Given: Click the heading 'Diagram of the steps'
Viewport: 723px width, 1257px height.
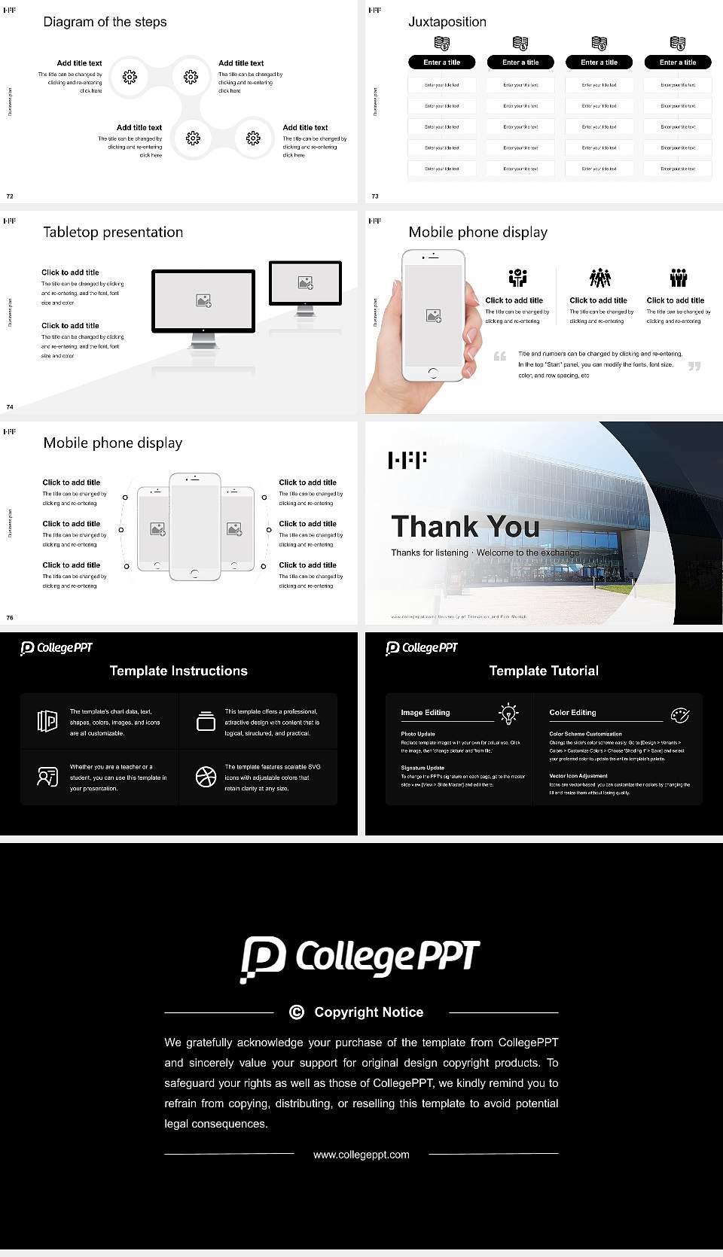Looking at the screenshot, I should pyautogui.click(x=105, y=22).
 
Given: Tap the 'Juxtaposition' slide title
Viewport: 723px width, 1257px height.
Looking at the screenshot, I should pyautogui.click(x=447, y=22).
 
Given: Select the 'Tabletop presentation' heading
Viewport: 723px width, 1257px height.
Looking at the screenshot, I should pyautogui.click(x=113, y=232).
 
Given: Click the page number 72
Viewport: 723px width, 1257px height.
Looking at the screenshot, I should pyautogui.click(x=10, y=196).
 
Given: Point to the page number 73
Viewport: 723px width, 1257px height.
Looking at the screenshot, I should pyautogui.click(x=375, y=196).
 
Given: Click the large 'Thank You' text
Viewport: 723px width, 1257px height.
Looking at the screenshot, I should pyautogui.click(x=465, y=527).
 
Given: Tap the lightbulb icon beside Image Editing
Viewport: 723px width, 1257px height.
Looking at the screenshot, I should pyautogui.click(x=508, y=713).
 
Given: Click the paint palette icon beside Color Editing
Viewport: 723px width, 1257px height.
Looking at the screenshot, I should pyautogui.click(x=679, y=714).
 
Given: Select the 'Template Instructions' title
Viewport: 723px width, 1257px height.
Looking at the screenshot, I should pyautogui.click(x=178, y=671).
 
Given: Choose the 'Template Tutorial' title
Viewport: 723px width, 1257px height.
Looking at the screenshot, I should pyautogui.click(x=544, y=671).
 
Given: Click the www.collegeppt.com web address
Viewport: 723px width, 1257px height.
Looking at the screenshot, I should pyautogui.click(x=361, y=1155).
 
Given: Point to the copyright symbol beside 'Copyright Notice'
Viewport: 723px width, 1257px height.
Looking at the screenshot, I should pyautogui.click(x=297, y=1012).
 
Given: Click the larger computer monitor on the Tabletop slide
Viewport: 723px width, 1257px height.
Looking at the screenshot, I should pyautogui.click(x=203, y=301).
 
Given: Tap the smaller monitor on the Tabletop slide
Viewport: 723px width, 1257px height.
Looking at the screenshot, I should pyautogui.click(x=305, y=283).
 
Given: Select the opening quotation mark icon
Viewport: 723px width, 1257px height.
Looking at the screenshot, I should pyautogui.click(x=500, y=356).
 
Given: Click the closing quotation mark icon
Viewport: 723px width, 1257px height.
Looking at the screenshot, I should pyautogui.click(x=694, y=367).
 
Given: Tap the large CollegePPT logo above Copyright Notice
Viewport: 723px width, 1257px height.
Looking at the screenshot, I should pyautogui.click(x=360, y=957).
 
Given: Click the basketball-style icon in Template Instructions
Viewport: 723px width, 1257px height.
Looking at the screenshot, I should pyautogui.click(x=206, y=777).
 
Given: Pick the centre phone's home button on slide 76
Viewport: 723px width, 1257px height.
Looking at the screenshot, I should pyautogui.click(x=194, y=574).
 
